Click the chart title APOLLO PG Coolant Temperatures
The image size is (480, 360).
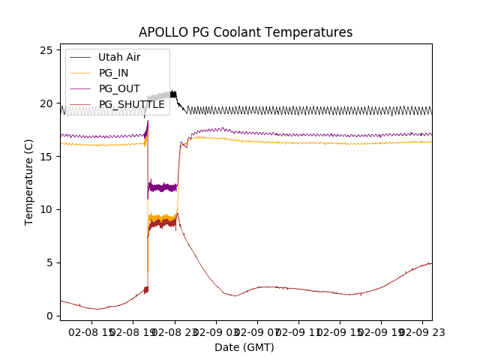coord(245,32)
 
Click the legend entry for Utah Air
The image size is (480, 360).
coord(119,57)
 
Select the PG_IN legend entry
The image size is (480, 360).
coord(114,73)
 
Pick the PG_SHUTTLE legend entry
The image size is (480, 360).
coord(131,104)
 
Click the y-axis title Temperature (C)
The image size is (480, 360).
coord(29,182)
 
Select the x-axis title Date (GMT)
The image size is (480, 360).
coord(244,347)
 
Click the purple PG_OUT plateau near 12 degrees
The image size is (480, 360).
coord(163,187)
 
